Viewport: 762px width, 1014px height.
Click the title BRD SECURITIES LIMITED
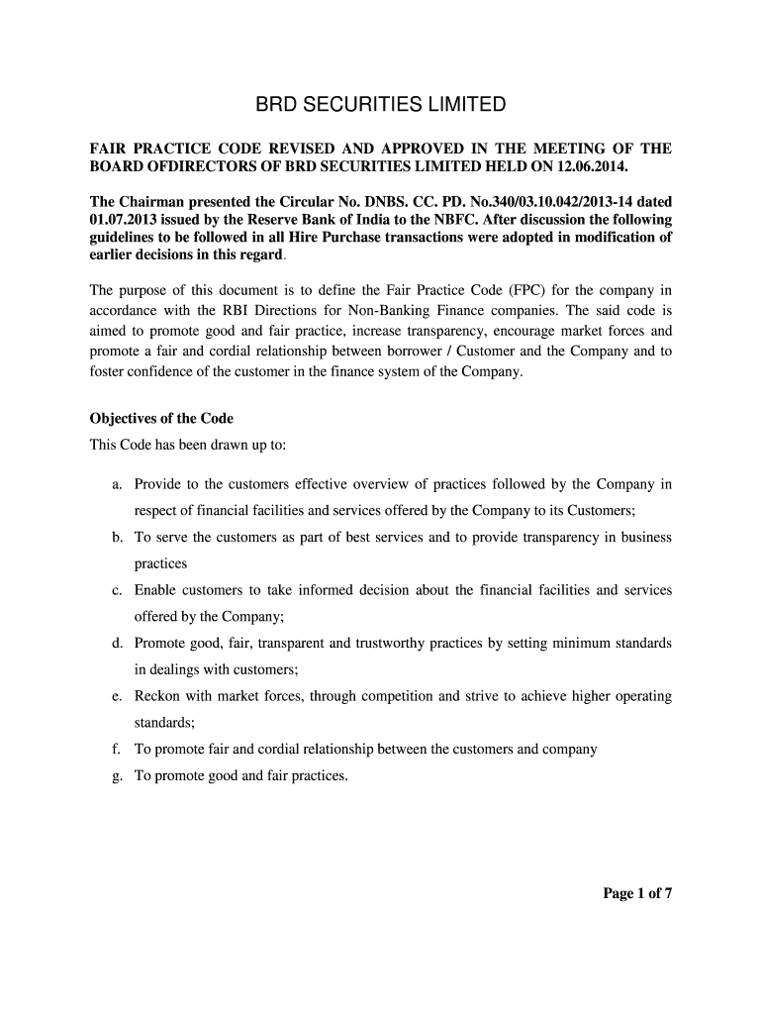381,104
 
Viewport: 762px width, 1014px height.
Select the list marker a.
117,484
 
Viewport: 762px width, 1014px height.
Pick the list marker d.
117,644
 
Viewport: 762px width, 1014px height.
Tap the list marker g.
117,776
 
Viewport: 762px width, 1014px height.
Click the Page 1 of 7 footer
637,894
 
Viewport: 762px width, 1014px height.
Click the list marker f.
117,750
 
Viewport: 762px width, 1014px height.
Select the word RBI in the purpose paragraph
229,310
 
